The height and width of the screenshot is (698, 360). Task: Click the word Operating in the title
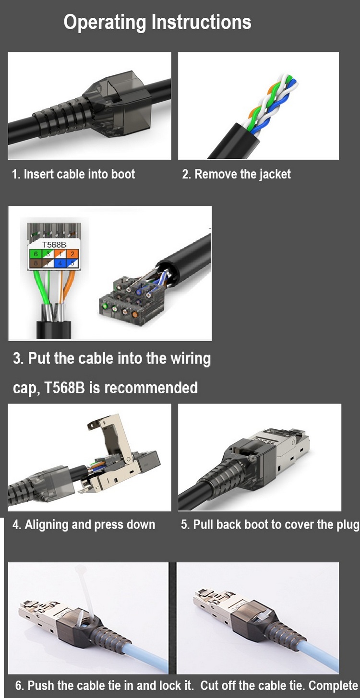[x=105, y=23]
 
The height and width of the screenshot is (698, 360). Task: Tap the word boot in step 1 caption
[x=123, y=174]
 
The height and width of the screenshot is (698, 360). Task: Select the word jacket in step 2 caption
[x=274, y=174]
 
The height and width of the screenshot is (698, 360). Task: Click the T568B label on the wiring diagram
[x=54, y=245]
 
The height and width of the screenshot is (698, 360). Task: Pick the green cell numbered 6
[x=36, y=254]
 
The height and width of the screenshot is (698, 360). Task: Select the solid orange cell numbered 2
[x=72, y=254]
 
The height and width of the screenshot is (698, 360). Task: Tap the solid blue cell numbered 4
[x=60, y=263]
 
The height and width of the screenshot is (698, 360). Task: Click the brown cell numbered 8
[x=36, y=263]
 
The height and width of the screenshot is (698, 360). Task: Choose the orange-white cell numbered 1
[x=60, y=254]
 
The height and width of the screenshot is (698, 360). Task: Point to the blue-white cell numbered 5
[x=72, y=263]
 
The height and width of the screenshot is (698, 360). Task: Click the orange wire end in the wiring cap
[x=135, y=314]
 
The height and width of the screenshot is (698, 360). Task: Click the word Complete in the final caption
[x=333, y=686]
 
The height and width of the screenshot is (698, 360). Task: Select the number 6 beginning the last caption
[x=19, y=686]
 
